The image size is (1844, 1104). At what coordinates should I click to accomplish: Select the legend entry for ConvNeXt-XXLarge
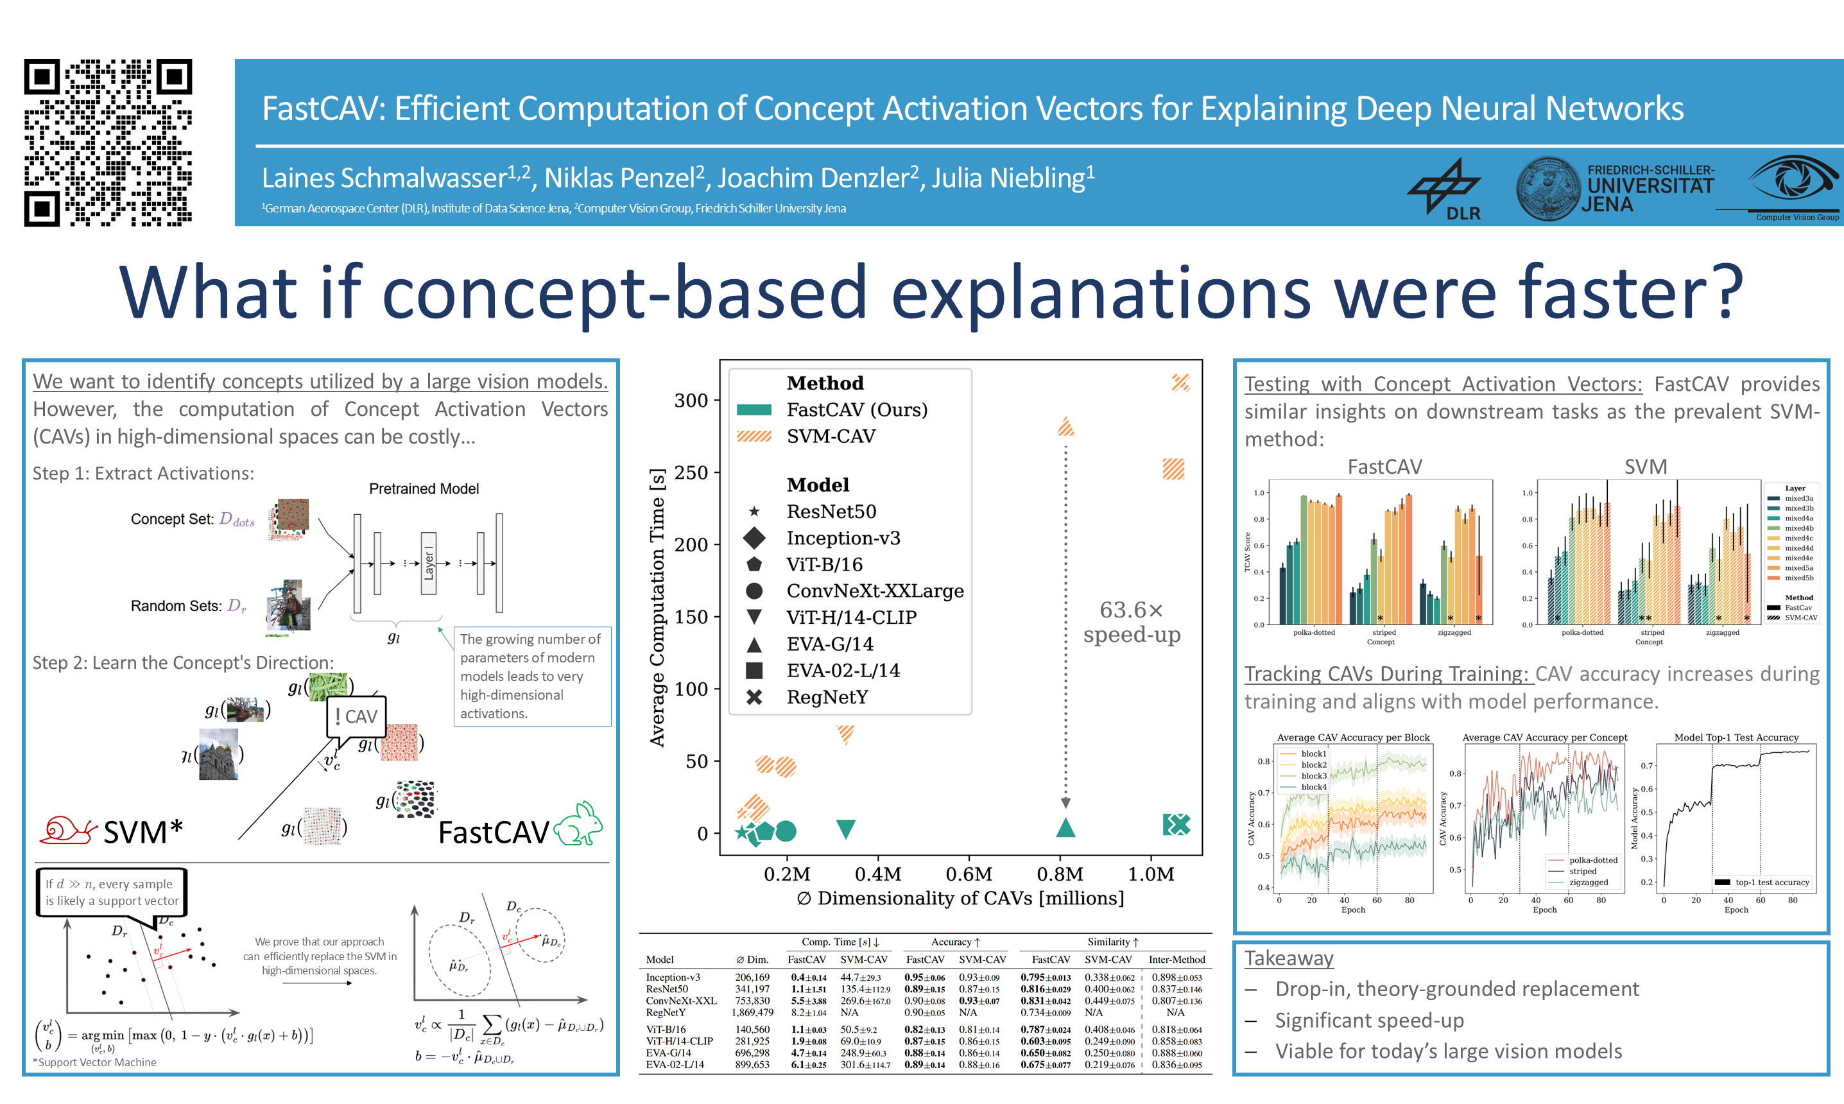[x=874, y=591]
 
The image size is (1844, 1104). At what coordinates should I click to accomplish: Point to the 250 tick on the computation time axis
[x=691, y=472]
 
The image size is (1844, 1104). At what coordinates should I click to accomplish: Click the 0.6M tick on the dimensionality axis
[x=969, y=874]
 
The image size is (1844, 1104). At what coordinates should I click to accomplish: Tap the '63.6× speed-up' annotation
[x=1132, y=622]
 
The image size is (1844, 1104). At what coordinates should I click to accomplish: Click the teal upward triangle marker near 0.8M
[x=1065, y=827]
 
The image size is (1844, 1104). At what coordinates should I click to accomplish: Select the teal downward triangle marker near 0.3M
[x=845, y=829]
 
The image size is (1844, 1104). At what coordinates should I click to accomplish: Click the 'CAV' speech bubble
[x=357, y=716]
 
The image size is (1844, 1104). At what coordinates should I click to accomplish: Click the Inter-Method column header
[x=1176, y=960]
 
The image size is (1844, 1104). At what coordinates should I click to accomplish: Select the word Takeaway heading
[x=1288, y=958]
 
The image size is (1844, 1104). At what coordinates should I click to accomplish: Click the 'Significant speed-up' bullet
[x=1368, y=1020]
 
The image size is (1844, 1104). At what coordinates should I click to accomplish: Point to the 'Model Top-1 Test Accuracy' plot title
[x=1736, y=737]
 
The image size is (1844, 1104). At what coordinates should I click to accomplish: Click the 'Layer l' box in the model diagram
[x=429, y=563]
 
